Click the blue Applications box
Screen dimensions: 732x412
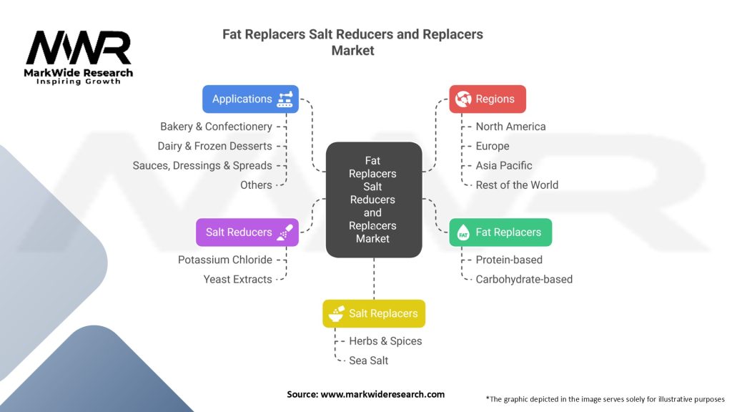coord(250,99)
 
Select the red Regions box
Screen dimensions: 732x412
coord(487,99)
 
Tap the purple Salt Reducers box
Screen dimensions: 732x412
coord(247,232)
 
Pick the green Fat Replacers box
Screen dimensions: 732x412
coord(500,232)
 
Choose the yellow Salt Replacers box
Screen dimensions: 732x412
coord(373,313)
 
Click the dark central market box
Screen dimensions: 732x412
coord(373,200)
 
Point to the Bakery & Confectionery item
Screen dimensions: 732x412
coord(216,127)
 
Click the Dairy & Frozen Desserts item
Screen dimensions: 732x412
coord(214,146)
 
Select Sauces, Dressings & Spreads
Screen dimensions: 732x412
coord(202,165)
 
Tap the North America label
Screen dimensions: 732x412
coord(510,127)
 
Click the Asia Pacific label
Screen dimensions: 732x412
coord(504,165)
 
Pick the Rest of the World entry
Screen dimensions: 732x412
coord(517,185)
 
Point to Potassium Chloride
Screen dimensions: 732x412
coord(224,260)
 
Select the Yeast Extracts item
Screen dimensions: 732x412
coord(237,279)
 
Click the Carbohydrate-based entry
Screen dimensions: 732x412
coord(524,279)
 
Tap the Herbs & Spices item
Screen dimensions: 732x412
coord(385,341)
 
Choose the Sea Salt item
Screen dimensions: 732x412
coord(368,360)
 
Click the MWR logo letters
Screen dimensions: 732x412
coord(79,48)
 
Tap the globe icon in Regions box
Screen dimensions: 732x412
coord(463,99)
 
